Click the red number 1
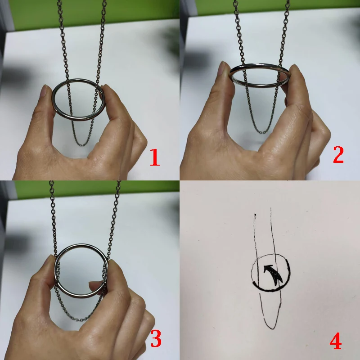tap(154, 158)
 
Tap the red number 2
tap(338, 155)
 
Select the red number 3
tap(155, 339)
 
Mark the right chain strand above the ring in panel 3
tap(115, 216)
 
